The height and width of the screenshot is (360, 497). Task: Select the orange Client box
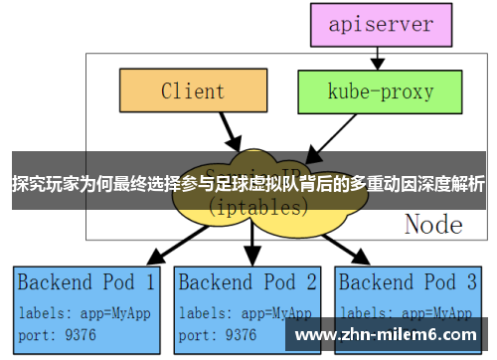point(193,91)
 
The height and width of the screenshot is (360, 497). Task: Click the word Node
point(433,225)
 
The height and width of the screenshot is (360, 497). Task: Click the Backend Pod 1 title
point(86,282)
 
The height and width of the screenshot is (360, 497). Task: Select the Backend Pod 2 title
point(248,282)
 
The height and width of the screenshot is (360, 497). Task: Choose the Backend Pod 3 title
point(410,282)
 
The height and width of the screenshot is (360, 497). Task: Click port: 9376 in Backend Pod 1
point(57,333)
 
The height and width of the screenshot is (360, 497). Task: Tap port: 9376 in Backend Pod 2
point(219,333)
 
